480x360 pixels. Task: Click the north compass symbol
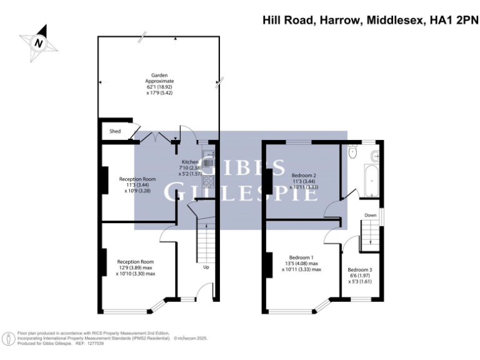tap(39, 42)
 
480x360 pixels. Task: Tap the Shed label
tap(115, 132)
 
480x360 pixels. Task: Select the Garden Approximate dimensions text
tap(159, 87)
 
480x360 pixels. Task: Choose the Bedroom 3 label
tap(359, 270)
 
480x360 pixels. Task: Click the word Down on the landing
tap(371, 215)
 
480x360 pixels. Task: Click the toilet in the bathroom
tap(353, 151)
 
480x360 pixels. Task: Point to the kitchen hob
tap(209, 182)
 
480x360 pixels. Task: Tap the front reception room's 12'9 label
tap(136, 267)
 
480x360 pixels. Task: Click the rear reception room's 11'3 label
tap(137, 185)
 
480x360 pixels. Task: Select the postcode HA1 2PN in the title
tap(450, 21)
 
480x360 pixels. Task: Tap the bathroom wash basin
tap(375, 154)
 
